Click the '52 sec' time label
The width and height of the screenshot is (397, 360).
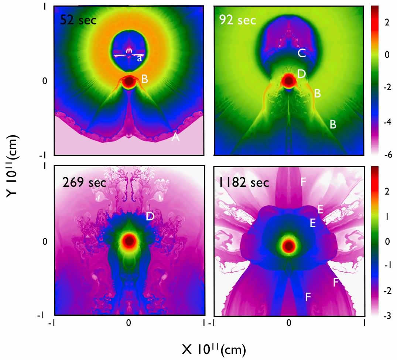(78, 20)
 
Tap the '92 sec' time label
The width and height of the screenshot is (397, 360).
(237, 20)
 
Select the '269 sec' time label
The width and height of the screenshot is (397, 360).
(84, 182)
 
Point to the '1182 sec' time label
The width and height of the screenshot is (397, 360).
(244, 182)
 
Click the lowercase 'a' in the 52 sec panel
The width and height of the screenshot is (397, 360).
(140, 59)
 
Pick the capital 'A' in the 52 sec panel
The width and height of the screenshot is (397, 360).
(175, 137)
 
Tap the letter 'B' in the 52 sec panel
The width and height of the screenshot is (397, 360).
(144, 79)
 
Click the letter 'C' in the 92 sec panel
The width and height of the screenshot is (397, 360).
(302, 53)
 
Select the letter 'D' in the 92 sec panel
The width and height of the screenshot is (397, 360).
(302, 74)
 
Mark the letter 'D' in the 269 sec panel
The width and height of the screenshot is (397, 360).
(150, 216)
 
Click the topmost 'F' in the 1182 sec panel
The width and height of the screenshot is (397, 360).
(303, 182)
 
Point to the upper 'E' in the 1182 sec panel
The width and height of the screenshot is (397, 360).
(320, 209)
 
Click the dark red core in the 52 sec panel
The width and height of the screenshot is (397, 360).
(129, 81)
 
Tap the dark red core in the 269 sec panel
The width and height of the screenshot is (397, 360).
(129, 241)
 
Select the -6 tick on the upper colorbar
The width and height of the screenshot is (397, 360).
(388, 154)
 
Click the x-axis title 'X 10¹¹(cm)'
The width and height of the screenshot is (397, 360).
(214, 350)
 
